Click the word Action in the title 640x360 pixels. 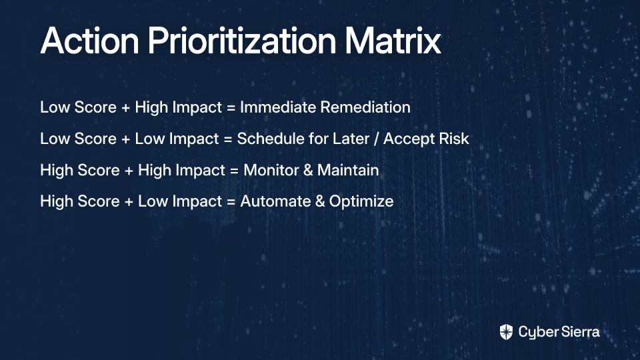(90, 41)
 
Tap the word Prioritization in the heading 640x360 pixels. (242, 41)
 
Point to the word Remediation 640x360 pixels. (365, 107)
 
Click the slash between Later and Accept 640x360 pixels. (376, 139)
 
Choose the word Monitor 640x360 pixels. (271, 170)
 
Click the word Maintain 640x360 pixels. (348, 170)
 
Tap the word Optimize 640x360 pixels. (361, 202)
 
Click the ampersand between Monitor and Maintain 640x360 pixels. (308, 170)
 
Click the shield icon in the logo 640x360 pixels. (506, 332)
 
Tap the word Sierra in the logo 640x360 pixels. (579, 332)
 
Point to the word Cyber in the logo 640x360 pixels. (537, 333)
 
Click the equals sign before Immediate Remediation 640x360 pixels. (231, 108)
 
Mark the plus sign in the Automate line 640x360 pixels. (129, 201)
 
